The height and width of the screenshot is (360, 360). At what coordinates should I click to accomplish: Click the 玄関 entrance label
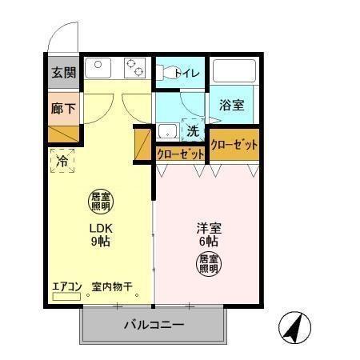pos(64,72)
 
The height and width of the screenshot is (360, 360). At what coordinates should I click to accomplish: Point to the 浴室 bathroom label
pos(232,105)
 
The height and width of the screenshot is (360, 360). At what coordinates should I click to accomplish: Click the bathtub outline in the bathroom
pos(234,71)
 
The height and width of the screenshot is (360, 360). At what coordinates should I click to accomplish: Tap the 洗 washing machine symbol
pos(193,130)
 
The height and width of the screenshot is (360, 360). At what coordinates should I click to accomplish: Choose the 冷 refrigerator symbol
pos(62,162)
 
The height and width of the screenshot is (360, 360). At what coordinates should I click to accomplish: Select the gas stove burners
pos(134,68)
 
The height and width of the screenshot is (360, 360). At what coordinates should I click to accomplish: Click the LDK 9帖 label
pos(100,234)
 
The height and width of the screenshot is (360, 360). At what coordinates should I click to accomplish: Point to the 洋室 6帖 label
pos(210,234)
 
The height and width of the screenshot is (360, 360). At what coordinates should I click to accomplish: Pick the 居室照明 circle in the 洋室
pos(210,263)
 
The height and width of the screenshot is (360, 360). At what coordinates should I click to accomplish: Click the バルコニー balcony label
pos(154,326)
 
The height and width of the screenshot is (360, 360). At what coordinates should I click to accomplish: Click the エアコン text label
pos(67,286)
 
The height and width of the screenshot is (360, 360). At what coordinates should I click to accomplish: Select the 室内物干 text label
pos(111,286)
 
